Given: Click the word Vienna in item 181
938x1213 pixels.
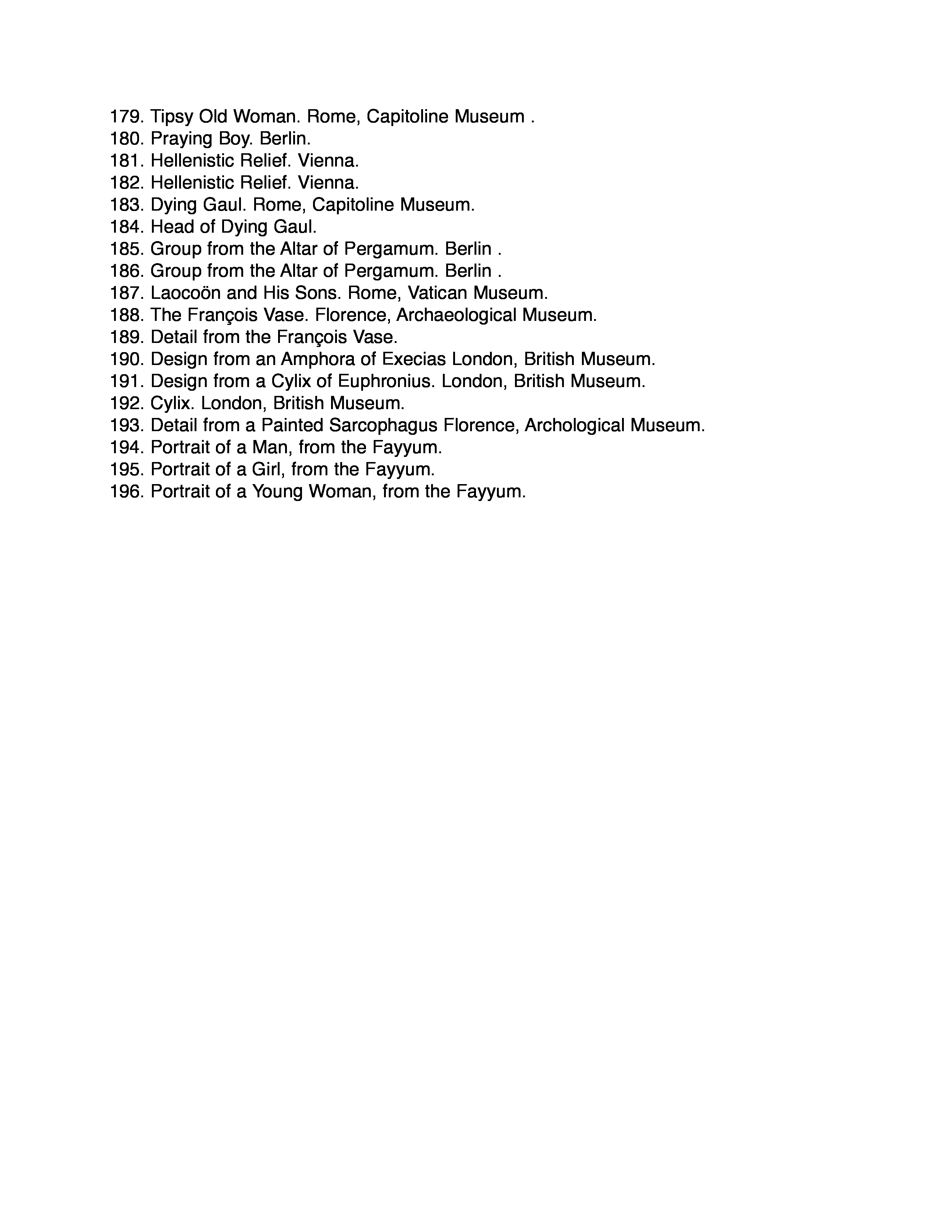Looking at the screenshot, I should click(x=328, y=161).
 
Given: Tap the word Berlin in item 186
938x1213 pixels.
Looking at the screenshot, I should click(x=468, y=271).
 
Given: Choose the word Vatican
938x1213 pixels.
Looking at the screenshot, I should click(x=437, y=293).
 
